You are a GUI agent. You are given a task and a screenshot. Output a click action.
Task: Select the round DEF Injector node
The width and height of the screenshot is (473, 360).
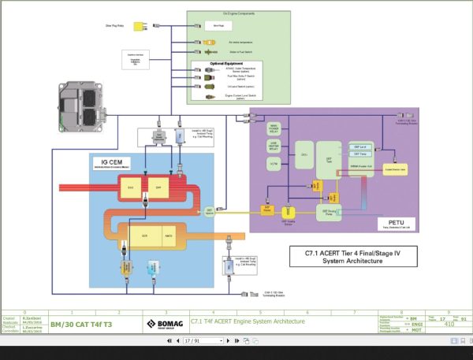pyautogui.click(x=210, y=210)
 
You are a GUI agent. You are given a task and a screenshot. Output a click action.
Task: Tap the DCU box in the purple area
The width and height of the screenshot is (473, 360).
pyautogui.click(x=304, y=154)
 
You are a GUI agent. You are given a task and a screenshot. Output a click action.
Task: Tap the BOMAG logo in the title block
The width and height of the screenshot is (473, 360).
pyautogui.click(x=164, y=322)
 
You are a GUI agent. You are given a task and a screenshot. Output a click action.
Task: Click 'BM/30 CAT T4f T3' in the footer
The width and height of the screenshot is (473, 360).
pyautogui.click(x=81, y=323)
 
